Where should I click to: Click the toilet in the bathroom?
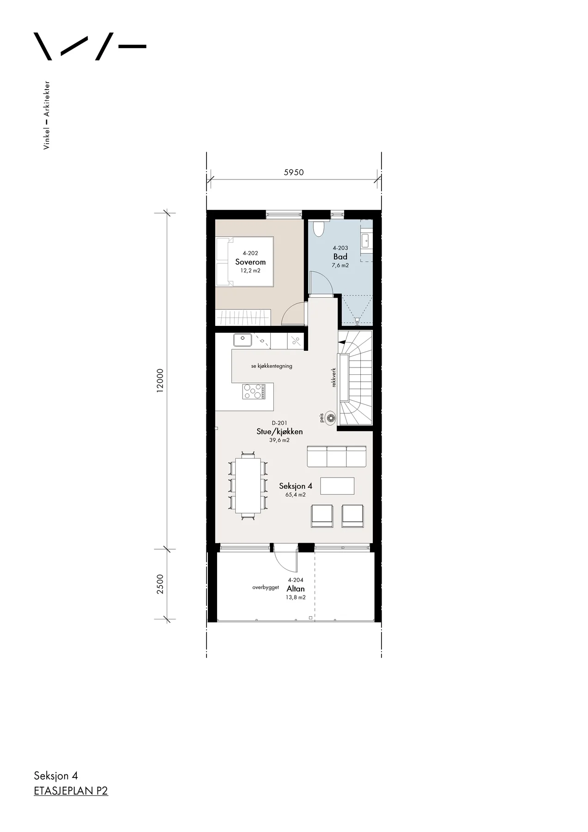319,228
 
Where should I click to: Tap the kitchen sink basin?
242,340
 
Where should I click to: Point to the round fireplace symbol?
330,418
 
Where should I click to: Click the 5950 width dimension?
294,172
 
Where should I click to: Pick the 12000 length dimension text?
160,380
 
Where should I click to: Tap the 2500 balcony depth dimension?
160,584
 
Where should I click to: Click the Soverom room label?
250,262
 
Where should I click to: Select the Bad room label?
340,257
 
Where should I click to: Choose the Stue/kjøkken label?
279,431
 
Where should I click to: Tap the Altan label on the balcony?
296,588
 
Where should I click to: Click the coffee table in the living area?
337,486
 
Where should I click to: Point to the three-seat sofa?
337,456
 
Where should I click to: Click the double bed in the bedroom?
245,262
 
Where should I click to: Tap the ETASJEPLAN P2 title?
71,791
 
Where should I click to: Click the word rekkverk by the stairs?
333,377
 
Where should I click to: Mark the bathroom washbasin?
366,239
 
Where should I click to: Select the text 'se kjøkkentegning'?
272,366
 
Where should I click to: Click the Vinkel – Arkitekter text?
47,115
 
